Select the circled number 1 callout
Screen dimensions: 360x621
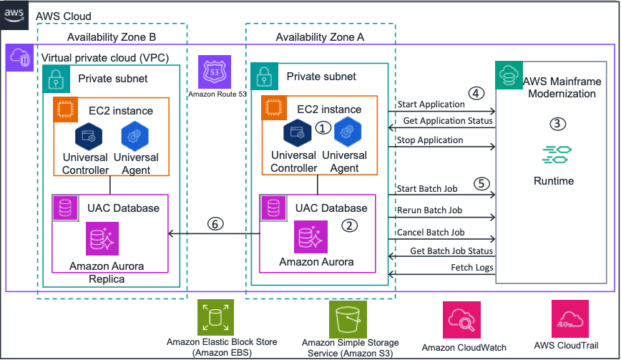pos(324,128)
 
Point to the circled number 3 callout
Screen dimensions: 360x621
pos(559,122)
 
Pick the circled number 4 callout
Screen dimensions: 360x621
pos(475,93)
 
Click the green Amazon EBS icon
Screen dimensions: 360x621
pos(214,317)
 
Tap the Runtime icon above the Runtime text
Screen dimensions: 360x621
pos(553,155)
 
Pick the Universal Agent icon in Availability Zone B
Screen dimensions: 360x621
pos(136,135)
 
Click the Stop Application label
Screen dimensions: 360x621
pos(429,140)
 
